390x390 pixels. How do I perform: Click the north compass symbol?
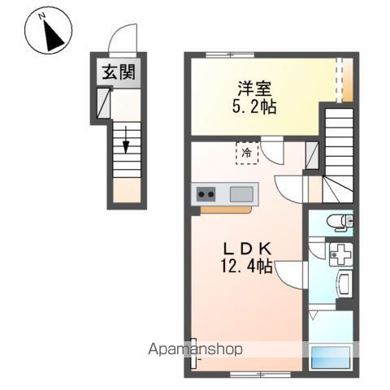coord(48,32)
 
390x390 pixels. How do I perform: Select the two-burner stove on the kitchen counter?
coord(206,194)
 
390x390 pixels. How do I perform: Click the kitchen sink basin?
coord(241,194)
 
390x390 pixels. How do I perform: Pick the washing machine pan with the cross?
coord(340,254)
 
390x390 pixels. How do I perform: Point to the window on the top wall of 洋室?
coord(228,55)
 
